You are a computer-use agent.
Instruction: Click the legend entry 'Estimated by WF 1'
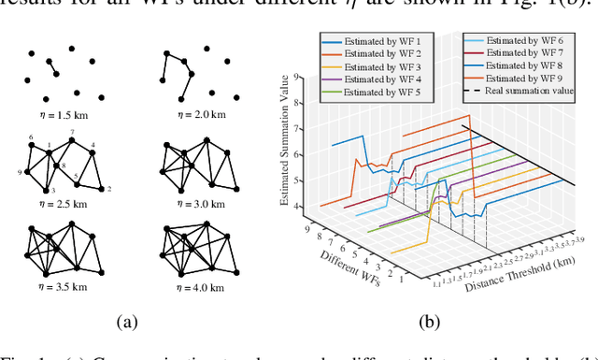pos(372,42)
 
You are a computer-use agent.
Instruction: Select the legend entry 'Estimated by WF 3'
pos(372,68)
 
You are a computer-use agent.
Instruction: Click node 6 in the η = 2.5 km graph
pos(31,138)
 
